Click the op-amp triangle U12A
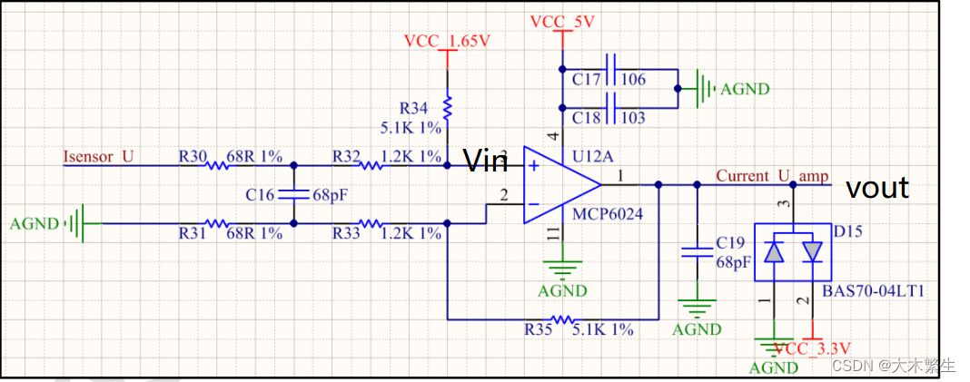[x=559, y=185]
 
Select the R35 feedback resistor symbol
[x=562, y=319]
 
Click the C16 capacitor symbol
[x=293, y=194]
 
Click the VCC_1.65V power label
[x=447, y=42]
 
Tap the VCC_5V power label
[x=562, y=22]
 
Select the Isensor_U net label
[x=98, y=157]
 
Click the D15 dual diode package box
[x=793, y=253]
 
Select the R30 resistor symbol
[x=218, y=166]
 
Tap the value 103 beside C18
[x=633, y=118]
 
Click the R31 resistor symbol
[x=218, y=222]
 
